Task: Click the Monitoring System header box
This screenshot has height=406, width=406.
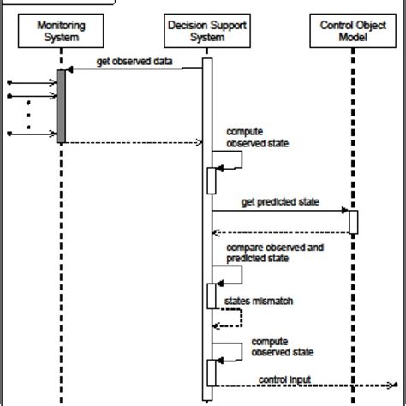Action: point(61,32)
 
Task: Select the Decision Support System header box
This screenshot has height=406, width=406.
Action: point(206,32)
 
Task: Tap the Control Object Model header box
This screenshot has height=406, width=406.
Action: point(352,32)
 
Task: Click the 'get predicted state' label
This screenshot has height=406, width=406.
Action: point(268,202)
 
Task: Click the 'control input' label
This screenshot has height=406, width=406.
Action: point(284,378)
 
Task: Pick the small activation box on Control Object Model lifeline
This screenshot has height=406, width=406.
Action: point(352,220)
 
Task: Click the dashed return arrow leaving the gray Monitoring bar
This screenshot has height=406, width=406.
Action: point(133,142)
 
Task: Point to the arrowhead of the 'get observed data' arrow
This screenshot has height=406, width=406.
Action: point(69,71)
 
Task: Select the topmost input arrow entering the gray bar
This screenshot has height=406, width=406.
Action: point(33,81)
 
